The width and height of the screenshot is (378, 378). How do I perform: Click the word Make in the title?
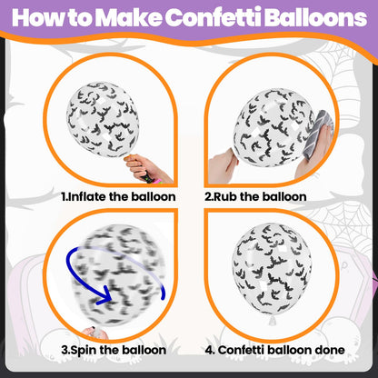[x=130, y=17]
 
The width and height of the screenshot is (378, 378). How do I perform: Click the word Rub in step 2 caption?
[x=225, y=197]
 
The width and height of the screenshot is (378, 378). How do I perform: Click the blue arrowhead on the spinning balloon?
[x=104, y=295]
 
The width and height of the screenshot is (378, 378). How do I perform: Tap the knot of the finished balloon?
[x=273, y=320]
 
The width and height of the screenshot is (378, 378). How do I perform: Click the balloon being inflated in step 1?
[x=103, y=119]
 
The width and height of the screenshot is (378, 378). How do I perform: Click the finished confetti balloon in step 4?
[x=272, y=270]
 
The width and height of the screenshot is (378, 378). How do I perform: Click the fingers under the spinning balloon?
[x=94, y=333]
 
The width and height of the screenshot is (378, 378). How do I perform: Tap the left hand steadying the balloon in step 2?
[x=223, y=166]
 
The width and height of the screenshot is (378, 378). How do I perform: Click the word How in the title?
[x=37, y=17]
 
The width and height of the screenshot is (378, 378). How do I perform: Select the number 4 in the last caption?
[x=209, y=351]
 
